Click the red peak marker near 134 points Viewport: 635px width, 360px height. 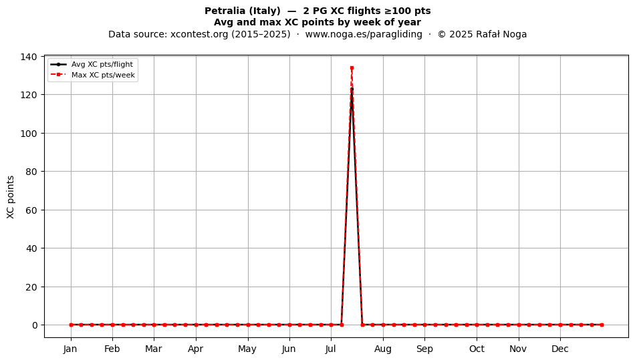(352, 68)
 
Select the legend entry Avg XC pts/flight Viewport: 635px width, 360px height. (92, 64)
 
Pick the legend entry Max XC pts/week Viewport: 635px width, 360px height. (93, 75)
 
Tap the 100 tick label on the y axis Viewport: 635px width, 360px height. (29, 134)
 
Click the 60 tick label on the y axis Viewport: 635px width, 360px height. (31, 210)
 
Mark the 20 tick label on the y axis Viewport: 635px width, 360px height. (31, 287)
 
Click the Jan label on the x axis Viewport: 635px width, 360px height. (70, 349)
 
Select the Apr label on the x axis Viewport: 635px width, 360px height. (196, 349)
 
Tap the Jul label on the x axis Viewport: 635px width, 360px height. (331, 349)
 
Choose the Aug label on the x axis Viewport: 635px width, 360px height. (383, 349)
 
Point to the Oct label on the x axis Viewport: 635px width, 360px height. (477, 349)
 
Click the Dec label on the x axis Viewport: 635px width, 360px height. (560, 349)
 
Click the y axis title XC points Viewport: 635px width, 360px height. (11, 197)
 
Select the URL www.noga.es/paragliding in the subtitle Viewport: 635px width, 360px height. (363, 34)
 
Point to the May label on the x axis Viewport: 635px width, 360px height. (247, 349)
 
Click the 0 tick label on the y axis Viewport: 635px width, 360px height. (35, 325)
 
